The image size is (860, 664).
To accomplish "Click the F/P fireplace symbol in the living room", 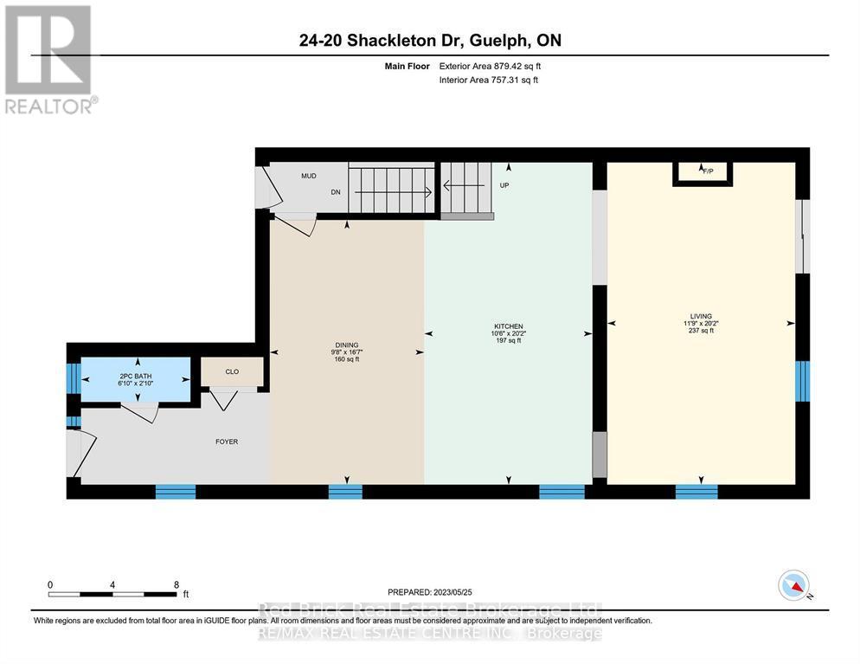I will (x=703, y=172).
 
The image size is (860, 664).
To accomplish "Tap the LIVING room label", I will (x=701, y=316).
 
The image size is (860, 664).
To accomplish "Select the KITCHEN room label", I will (x=508, y=326).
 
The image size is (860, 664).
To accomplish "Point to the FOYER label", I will (x=227, y=442).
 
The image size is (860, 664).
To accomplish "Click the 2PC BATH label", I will (x=136, y=376).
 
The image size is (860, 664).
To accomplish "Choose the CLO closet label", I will (x=232, y=371).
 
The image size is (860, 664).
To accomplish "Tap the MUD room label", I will (x=308, y=176).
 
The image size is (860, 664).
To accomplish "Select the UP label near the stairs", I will (x=504, y=185).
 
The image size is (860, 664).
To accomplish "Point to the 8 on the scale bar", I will (x=176, y=584).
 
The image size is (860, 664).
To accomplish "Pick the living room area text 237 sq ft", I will (x=701, y=331).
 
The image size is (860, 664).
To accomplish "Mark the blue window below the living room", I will (x=696, y=492).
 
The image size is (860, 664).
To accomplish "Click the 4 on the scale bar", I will (x=112, y=584).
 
